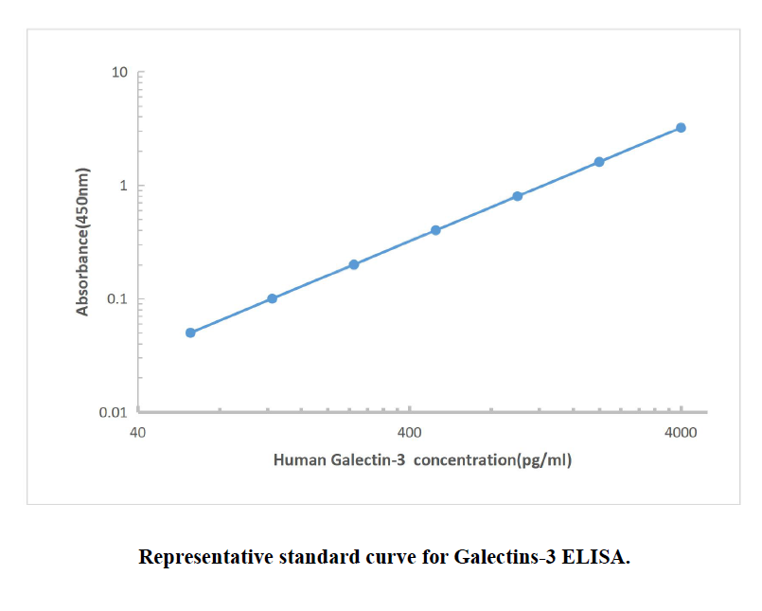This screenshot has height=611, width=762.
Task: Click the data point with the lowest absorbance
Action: [190, 332]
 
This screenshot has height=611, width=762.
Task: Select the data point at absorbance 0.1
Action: [272, 298]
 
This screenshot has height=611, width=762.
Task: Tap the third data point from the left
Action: [354, 264]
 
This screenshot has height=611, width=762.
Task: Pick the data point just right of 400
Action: [435, 230]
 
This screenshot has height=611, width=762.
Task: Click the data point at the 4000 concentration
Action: [681, 128]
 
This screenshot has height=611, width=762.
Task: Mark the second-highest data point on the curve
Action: [599, 162]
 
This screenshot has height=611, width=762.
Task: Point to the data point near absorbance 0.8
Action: [518, 196]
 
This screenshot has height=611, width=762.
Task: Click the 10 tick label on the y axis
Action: [119, 73]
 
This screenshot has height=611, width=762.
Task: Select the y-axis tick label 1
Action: [123, 186]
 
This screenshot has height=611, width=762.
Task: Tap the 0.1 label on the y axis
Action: [116, 299]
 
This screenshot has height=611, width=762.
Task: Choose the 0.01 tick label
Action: [113, 413]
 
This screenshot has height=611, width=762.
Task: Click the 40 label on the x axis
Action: [137, 433]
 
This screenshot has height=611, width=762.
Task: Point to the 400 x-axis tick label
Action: [409, 433]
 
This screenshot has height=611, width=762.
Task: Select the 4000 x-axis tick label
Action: [681, 433]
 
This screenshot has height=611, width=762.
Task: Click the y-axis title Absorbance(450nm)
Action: [82, 243]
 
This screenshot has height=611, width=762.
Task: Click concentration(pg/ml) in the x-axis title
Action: [493, 460]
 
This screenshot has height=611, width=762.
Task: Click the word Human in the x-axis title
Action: [299, 460]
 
